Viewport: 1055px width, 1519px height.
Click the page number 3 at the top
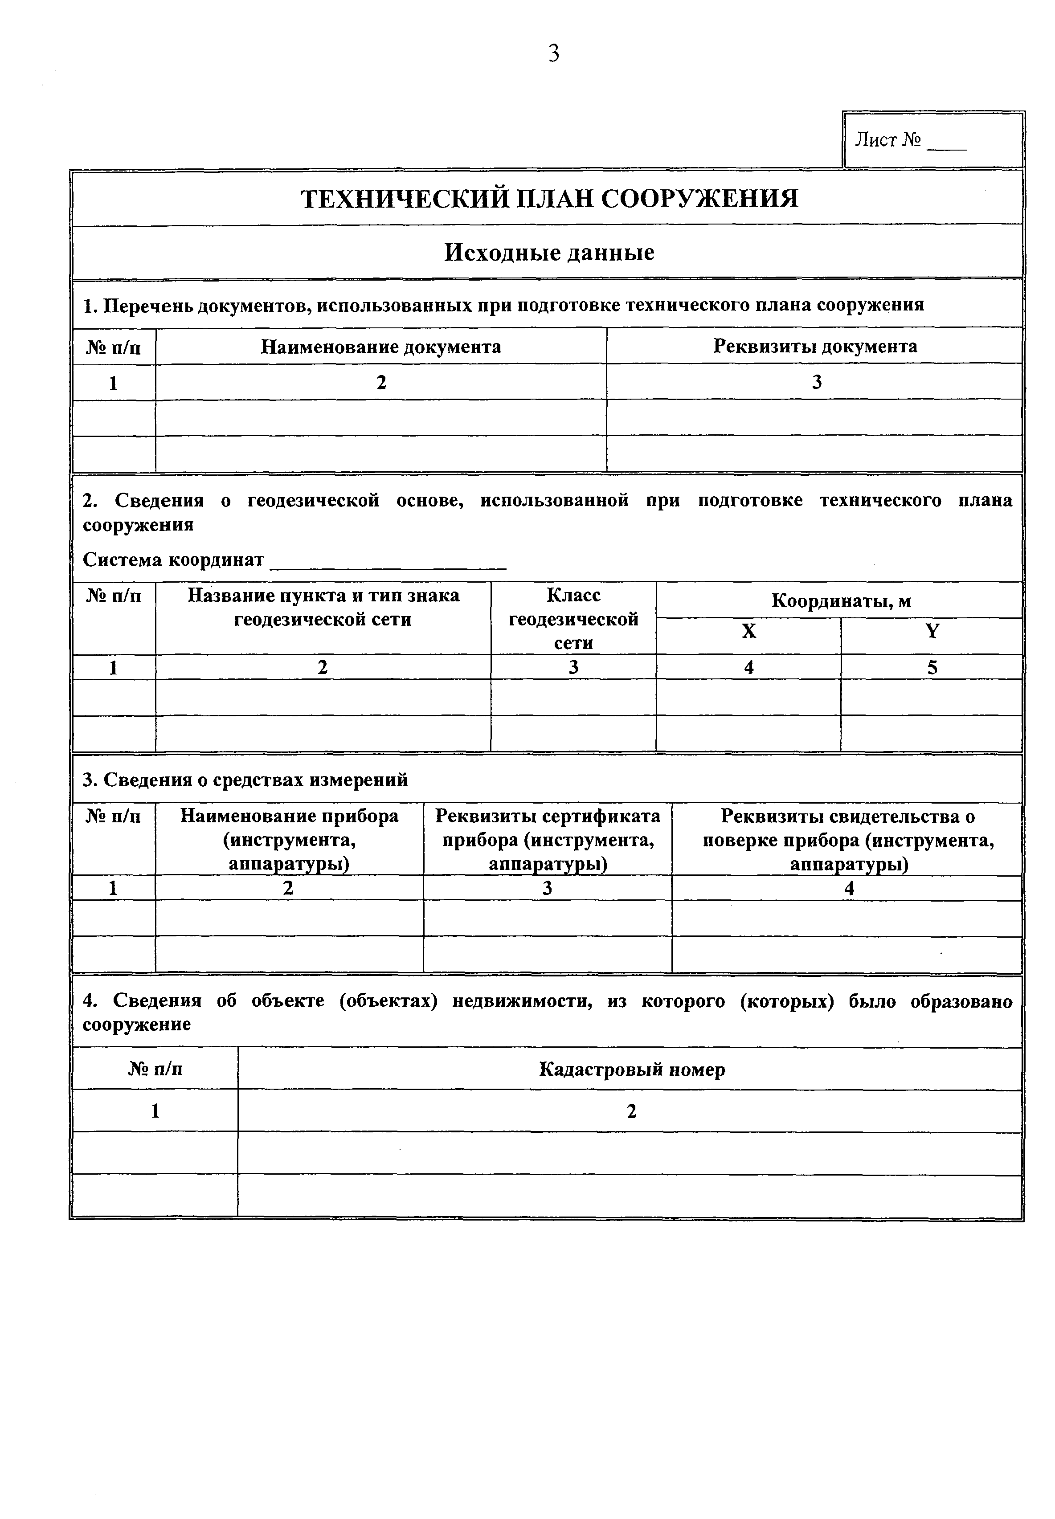(x=553, y=53)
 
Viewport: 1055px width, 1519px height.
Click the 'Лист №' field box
(x=933, y=139)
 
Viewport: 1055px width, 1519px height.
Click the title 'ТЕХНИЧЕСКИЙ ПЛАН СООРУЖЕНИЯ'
(x=549, y=198)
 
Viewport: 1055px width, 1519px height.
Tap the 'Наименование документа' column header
(x=381, y=347)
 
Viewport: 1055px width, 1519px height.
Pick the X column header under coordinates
(x=748, y=632)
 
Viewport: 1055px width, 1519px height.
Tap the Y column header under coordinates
(x=932, y=632)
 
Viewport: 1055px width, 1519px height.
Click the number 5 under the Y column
(x=932, y=667)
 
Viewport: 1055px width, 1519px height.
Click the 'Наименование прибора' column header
(x=290, y=840)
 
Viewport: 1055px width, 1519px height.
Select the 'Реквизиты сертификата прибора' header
(x=548, y=840)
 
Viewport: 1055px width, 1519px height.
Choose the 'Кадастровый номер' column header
(x=631, y=1069)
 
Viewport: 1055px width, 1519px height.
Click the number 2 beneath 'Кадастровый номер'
(x=631, y=1111)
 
